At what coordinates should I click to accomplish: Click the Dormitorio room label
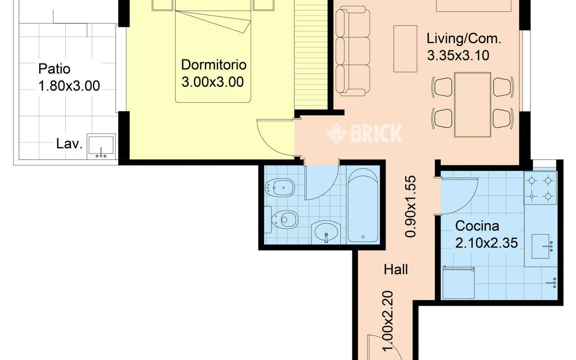(214, 64)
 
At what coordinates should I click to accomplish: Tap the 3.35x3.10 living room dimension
(458, 55)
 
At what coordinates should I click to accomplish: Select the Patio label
(54, 69)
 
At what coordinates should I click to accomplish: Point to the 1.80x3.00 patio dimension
(69, 85)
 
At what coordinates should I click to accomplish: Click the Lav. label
(69, 144)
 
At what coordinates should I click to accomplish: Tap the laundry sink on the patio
(101, 147)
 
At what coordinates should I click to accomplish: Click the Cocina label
(477, 226)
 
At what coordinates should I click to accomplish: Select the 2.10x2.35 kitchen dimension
(486, 243)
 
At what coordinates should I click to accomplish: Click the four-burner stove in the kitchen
(540, 188)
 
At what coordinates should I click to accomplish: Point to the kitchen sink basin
(540, 247)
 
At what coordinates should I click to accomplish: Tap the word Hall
(396, 270)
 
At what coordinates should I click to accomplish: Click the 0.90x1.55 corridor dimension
(410, 206)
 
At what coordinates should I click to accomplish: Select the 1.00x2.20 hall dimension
(387, 321)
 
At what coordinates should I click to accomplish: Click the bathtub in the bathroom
(363, 205)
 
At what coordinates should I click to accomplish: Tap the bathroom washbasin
(326, 232)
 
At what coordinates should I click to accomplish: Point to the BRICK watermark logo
(364, 133)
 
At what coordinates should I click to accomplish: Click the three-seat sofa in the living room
(353, 51)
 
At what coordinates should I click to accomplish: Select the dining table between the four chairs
(472, 105)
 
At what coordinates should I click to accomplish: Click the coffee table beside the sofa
(405, 49)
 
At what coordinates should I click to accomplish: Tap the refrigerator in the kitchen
(459, 283)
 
